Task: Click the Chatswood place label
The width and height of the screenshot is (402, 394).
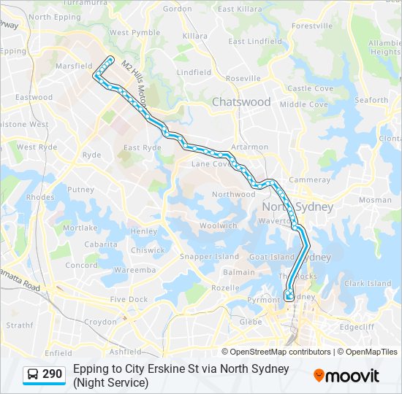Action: click(241, 102)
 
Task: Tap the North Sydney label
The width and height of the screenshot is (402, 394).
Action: click(297, 207)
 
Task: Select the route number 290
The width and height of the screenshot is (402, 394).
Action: click(52, 374)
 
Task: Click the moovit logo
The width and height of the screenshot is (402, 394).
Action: click(346, 376)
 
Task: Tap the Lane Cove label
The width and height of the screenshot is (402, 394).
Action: click(211, 164)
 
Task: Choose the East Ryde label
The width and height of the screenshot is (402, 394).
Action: click(142, 148)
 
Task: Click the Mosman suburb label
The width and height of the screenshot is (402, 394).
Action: click(375, 200)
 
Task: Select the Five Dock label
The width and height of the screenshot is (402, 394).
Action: click(128, 299)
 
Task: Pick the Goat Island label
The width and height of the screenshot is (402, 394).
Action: click(272, 258)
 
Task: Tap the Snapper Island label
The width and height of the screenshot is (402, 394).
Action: click(210, 257)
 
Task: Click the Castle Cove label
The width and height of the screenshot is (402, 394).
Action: click(310, 88)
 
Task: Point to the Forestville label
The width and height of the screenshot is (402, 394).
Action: click(311, 26)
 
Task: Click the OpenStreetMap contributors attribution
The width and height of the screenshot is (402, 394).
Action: click(281, 352)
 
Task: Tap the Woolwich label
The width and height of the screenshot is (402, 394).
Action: click(218, 226)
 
